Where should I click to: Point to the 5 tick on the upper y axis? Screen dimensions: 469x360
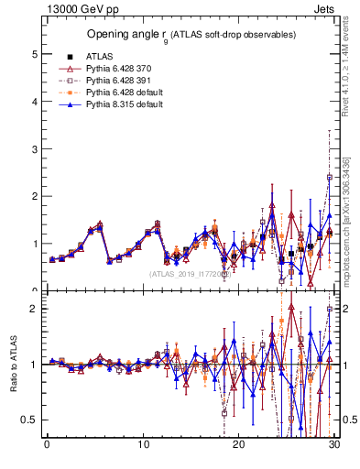36,54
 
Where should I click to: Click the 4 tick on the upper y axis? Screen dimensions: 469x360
36,102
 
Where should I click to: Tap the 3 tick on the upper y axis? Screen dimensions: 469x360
36,148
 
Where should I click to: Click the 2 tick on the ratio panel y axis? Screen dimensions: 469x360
36,308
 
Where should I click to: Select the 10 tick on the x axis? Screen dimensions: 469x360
143,445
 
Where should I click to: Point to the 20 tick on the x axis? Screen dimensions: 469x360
239,445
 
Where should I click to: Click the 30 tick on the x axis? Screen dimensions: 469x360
334,445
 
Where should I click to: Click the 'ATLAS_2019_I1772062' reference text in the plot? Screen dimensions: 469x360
189,274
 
